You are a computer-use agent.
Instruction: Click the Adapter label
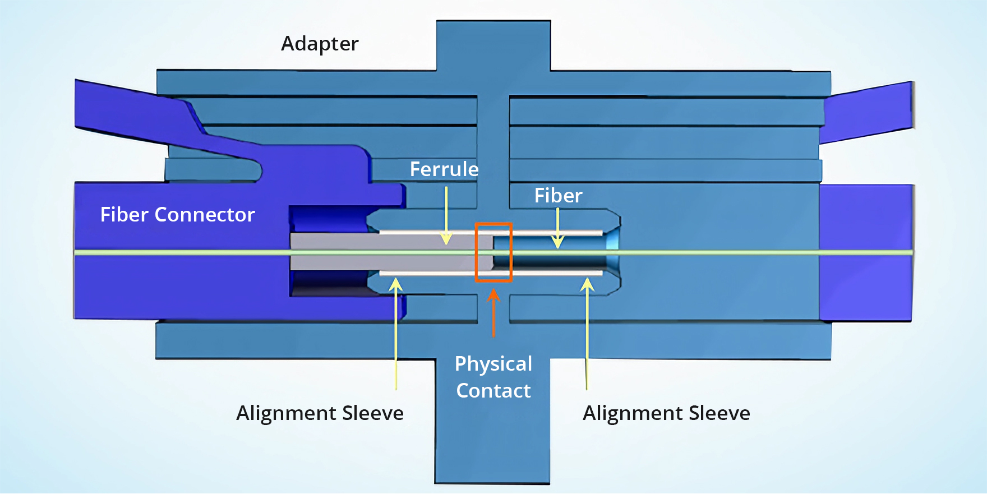pos(320,44)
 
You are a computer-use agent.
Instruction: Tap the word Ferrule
pos(444,169)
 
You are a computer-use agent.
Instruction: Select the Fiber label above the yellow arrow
pos(558,196)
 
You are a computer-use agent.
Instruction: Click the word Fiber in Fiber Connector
pos(124,215)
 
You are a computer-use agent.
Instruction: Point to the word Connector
pos(205,215)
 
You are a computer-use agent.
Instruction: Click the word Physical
pos(493,364)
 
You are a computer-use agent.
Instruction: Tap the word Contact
pos(493,391)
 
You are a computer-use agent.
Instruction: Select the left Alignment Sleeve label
pos(320,413)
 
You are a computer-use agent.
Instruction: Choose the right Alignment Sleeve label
pos(666,413)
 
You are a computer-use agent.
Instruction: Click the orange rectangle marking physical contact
pos(493,225)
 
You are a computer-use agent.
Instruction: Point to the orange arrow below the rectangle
pos(493,314)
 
